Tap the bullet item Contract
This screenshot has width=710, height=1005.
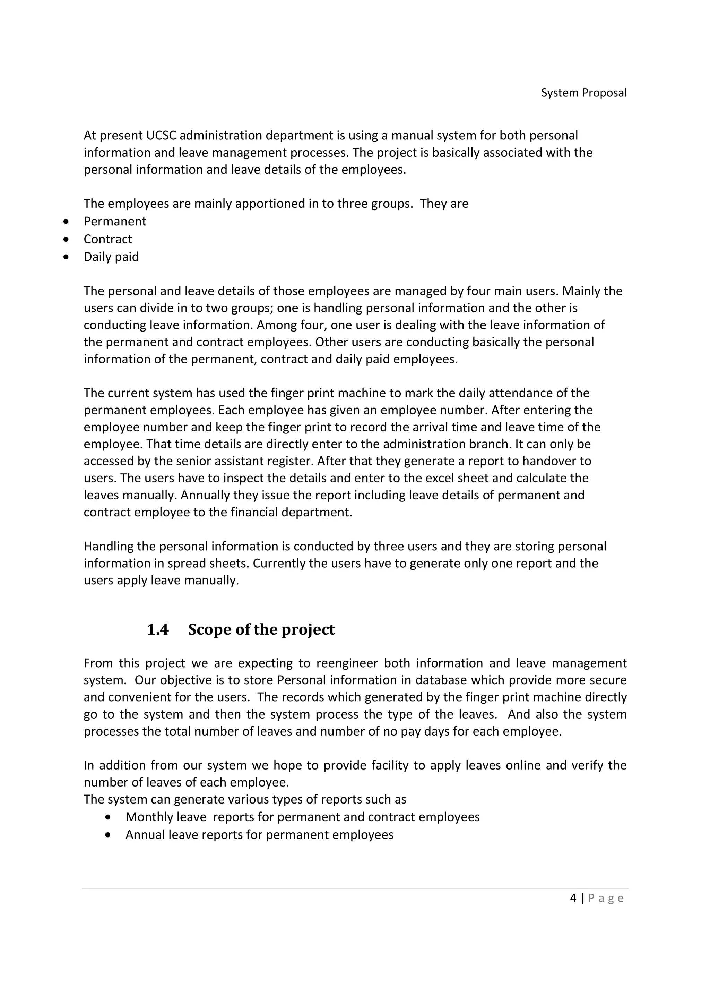[x=107, y=239]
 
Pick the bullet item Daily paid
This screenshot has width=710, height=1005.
[x=111, y=257]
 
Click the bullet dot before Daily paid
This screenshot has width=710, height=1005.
[x=66, y=257]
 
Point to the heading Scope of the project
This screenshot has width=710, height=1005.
[x=261, y=629]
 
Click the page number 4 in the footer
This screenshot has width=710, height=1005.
[x=573, y=899]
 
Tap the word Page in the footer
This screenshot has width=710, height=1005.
[x=606, y=899]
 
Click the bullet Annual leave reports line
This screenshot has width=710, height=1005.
[x=259, y=835]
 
